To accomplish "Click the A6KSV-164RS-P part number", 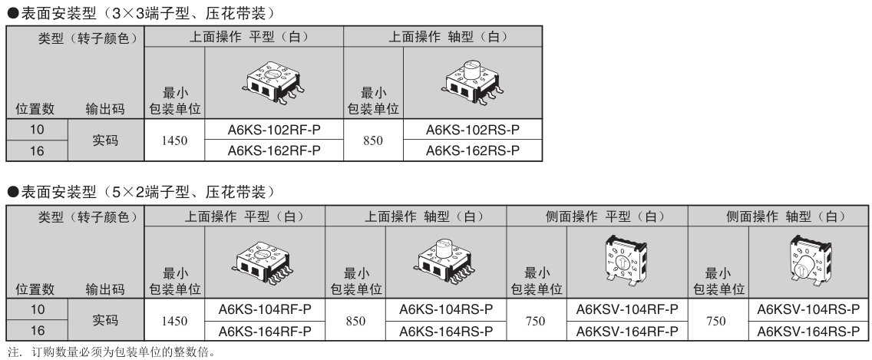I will (x=808, y=331).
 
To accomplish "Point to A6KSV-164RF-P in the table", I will (x=626, y=331).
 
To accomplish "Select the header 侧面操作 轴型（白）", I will (x=780, y=217).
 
